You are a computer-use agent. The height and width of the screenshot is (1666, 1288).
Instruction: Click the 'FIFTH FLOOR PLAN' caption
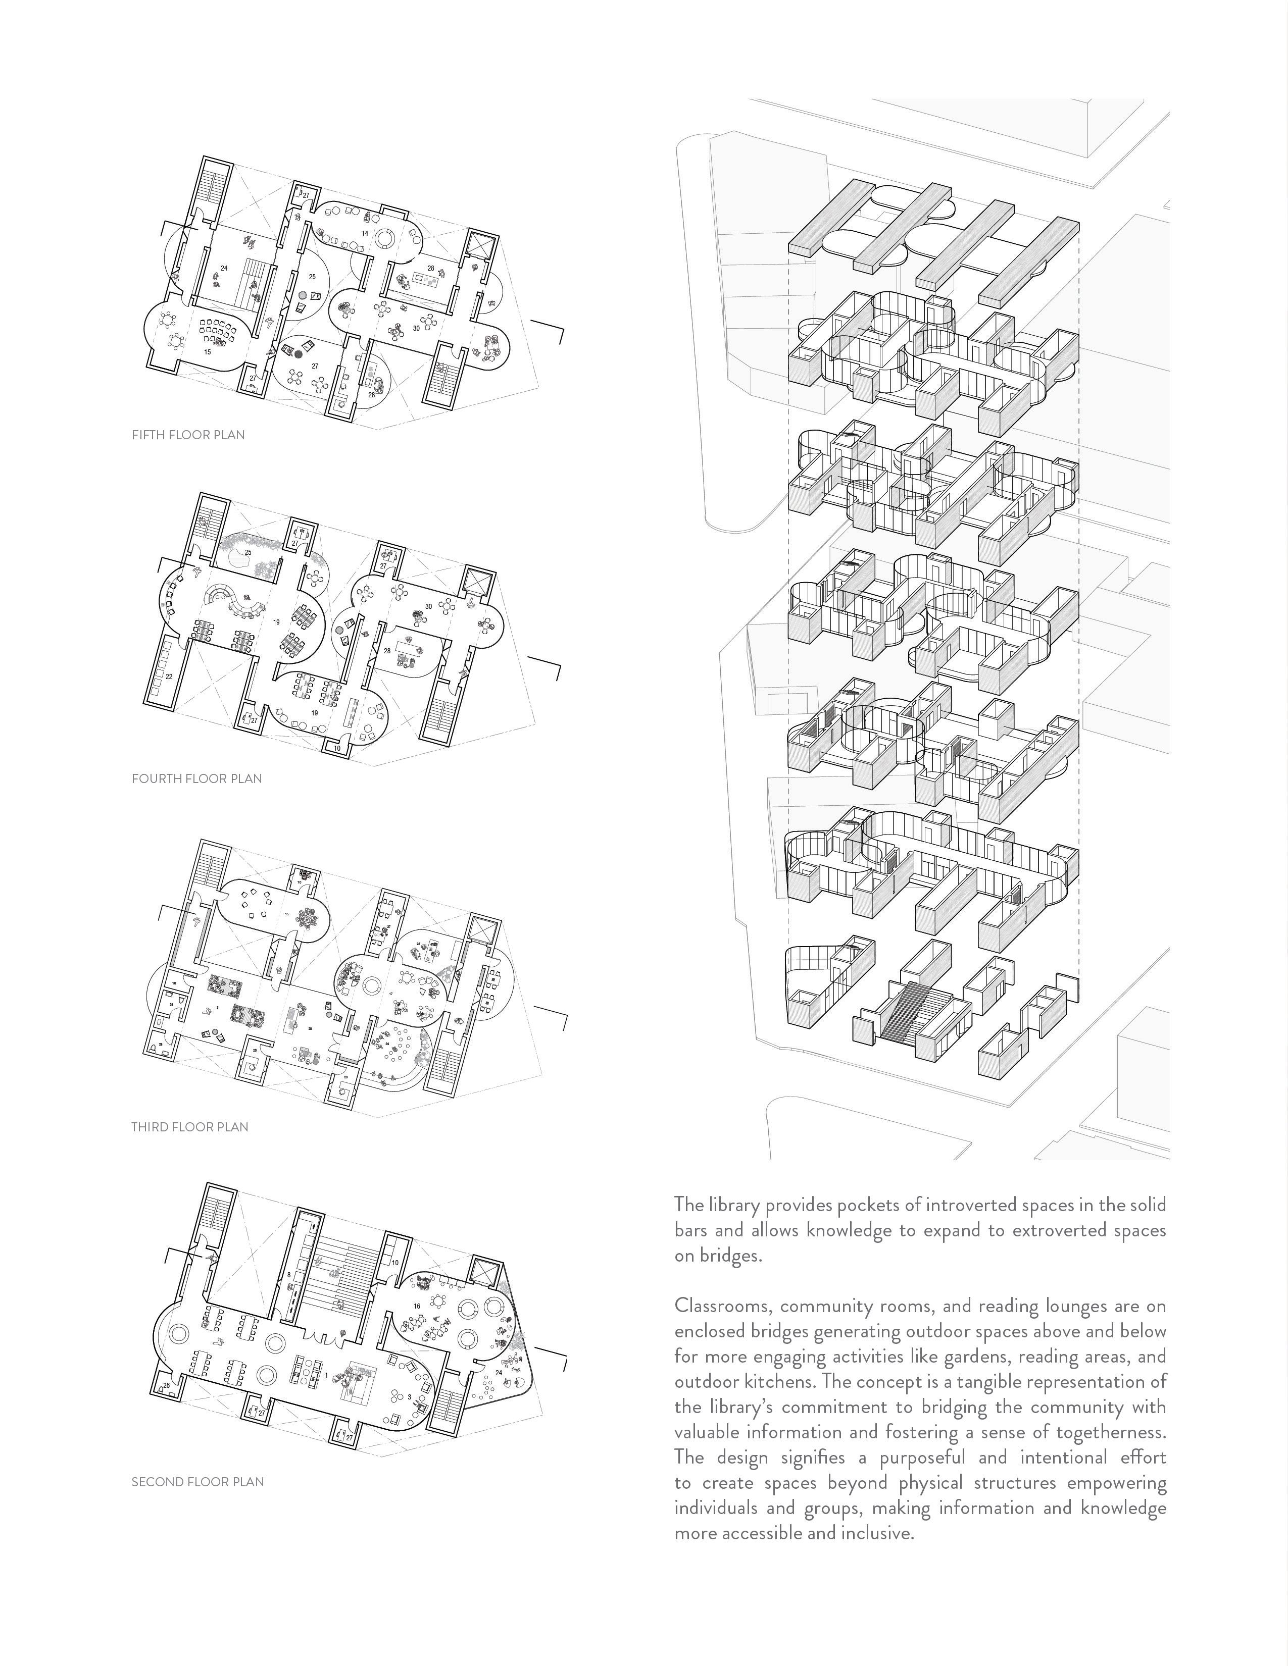(x=188, y=435)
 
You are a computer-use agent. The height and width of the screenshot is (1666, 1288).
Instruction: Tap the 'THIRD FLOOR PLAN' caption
(x=189, y=1127)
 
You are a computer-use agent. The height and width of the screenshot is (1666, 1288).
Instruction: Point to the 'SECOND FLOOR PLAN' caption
(x=197, y=1481)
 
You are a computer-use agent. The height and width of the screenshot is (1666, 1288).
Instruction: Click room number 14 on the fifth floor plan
(x=365, y=233)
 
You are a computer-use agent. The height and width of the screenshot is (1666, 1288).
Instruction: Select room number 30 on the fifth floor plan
(x=416, y=328)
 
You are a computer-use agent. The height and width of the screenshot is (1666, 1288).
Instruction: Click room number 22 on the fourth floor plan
(x=169, y=676)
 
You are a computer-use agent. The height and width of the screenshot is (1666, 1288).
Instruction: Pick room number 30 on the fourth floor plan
(x=429, y=606)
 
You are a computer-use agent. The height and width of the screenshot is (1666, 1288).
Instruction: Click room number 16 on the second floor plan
(x=417, y=1306)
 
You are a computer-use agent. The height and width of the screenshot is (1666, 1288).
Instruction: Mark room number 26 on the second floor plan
(x=166, y=1385)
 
